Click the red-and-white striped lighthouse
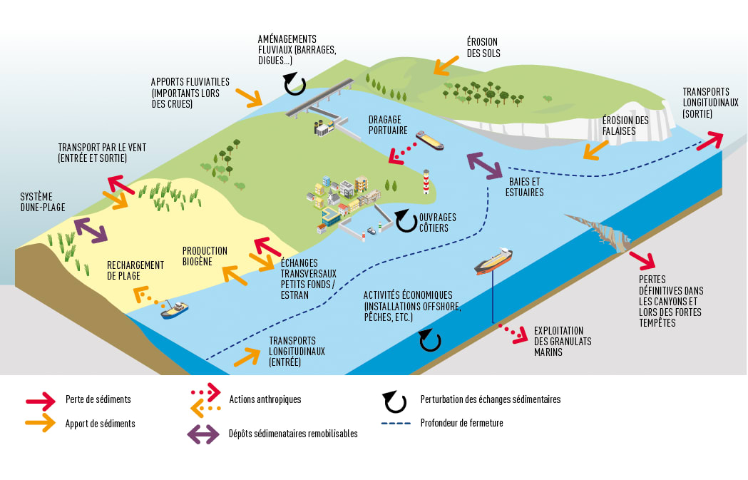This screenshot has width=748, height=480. pos(426,182)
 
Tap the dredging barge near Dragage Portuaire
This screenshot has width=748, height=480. pos(429,140)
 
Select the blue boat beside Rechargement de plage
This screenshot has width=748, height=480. pos(175,310)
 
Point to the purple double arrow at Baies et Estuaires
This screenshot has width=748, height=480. pos(484,165)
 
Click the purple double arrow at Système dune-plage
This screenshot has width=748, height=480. pos(91,229)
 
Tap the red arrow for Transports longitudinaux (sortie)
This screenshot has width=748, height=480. pos(709,140)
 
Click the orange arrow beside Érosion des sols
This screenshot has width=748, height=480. pos(446,63)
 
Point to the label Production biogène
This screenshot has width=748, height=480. pos(205,256)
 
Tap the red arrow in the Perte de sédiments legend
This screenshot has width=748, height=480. pos(40,399)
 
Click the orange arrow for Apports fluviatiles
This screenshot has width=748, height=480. pos(250,97)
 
